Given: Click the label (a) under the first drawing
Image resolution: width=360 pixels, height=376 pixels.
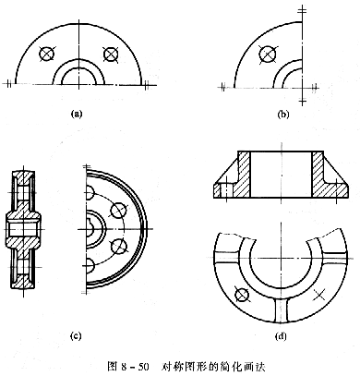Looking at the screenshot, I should pos(77,112).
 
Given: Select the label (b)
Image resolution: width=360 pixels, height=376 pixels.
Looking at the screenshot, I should pos(282,113).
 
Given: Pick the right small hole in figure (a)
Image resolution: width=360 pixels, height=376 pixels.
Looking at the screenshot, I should pos(112,55).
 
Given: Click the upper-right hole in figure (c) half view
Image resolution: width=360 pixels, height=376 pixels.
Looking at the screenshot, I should pos(117,211).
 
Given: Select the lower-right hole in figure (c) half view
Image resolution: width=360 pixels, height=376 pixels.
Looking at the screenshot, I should pos(117,246).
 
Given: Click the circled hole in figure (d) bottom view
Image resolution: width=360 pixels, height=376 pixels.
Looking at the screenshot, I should pos(242,295).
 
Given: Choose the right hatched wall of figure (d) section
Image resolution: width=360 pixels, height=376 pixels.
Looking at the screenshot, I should pos(318,175).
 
